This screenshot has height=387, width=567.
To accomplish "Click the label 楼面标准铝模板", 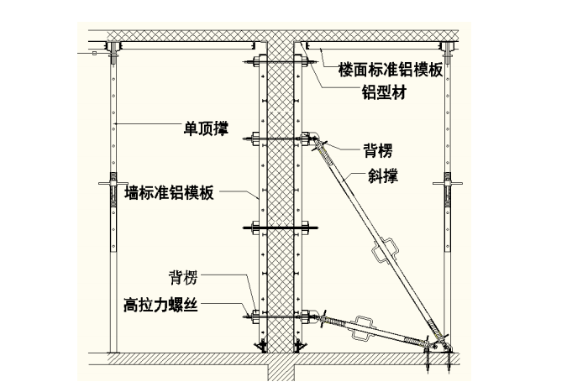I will pyautogui.click(x=390, y=71).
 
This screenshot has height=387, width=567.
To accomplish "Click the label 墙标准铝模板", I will pyautogui.click(x=170, y=193).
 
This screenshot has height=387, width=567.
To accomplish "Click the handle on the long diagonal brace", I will pyautogui.click(x=386, y=249).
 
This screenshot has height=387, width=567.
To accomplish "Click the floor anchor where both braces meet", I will pyautogui.click(x=438, y=346).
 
